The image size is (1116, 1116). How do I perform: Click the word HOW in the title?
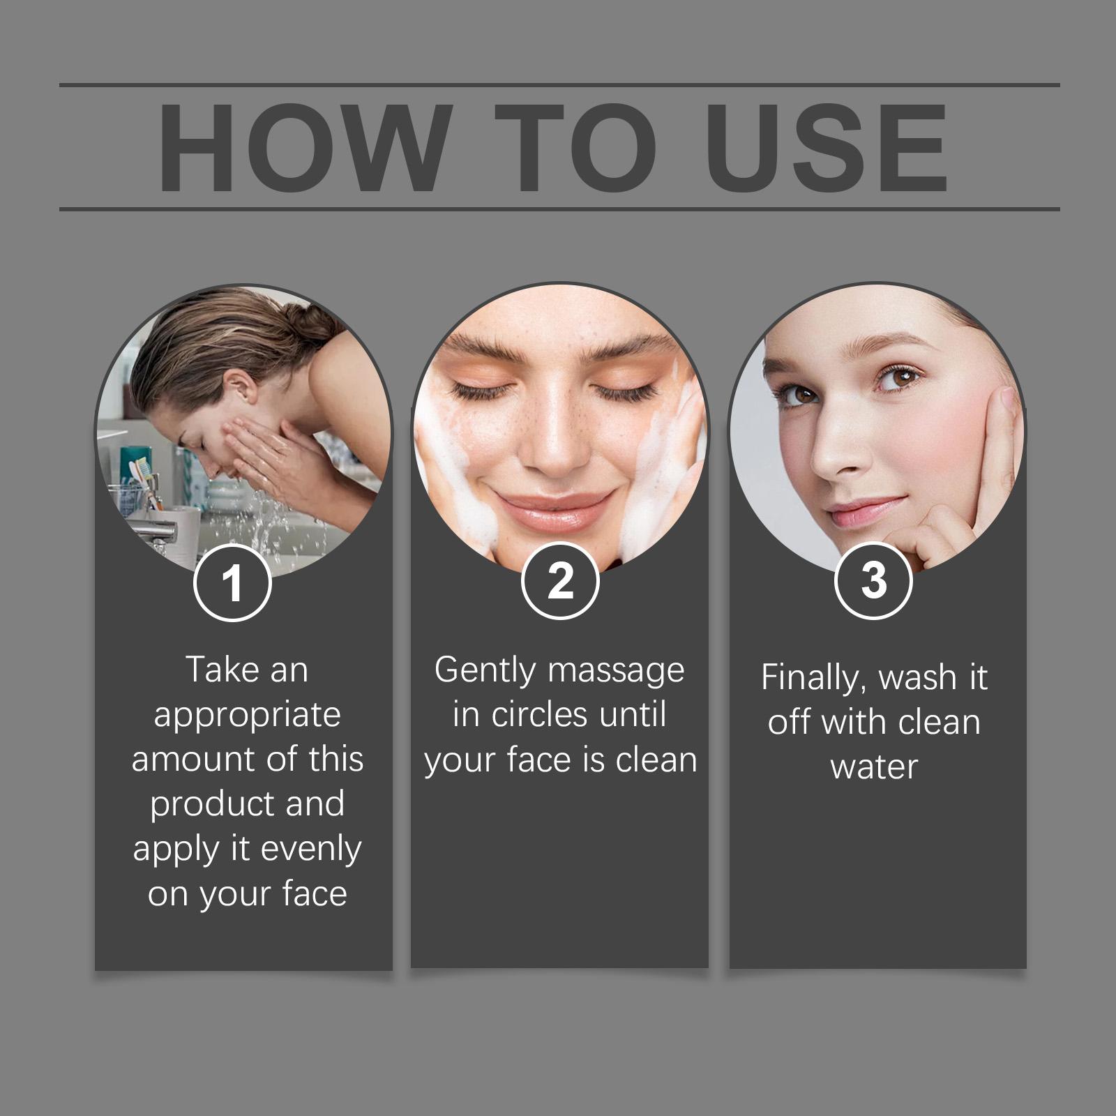click(x=302, y=147)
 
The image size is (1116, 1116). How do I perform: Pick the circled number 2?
click(x=560, y=580)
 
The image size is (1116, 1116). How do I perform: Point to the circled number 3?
click(x=873, y=580)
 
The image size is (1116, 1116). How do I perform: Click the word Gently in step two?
click(x=485, y=671)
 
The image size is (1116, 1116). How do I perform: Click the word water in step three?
click(x=874, y=767)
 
